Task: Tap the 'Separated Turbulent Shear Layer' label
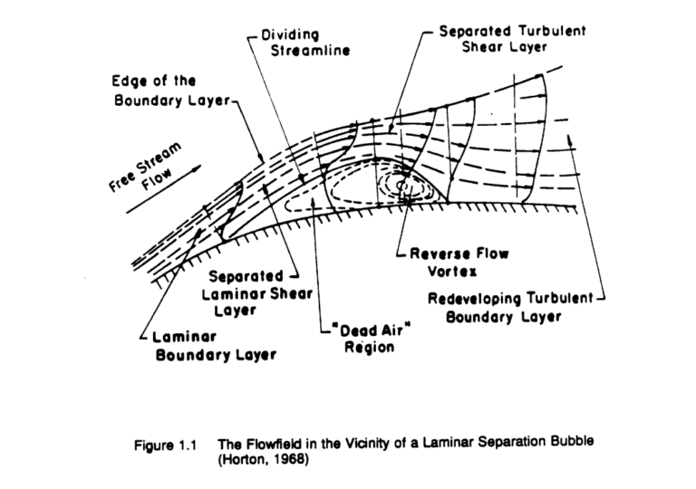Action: [512, 38]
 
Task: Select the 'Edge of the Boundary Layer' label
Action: [167, 90]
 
